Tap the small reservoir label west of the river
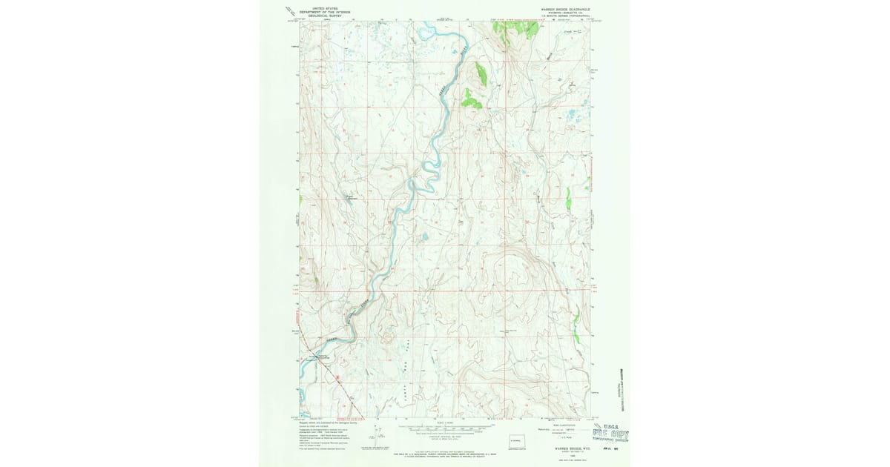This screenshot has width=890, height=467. click(353, 197)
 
